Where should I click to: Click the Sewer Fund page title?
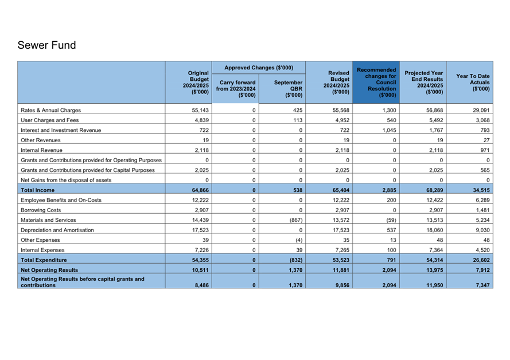click(46, 45)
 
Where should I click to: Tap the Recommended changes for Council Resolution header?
click(376, 83)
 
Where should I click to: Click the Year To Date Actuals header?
click(473, 83)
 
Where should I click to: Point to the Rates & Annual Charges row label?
click(51, 110)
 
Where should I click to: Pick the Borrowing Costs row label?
click(41, 210)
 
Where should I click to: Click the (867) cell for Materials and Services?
click(294, 220)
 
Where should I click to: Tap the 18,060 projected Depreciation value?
click(434, 230)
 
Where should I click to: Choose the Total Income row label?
click(38, 190)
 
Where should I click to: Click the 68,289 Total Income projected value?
click(434, 190)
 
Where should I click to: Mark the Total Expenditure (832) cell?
click(293, 260)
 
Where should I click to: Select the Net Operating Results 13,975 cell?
click(434, 269)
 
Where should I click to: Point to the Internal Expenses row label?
click(44, 250)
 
